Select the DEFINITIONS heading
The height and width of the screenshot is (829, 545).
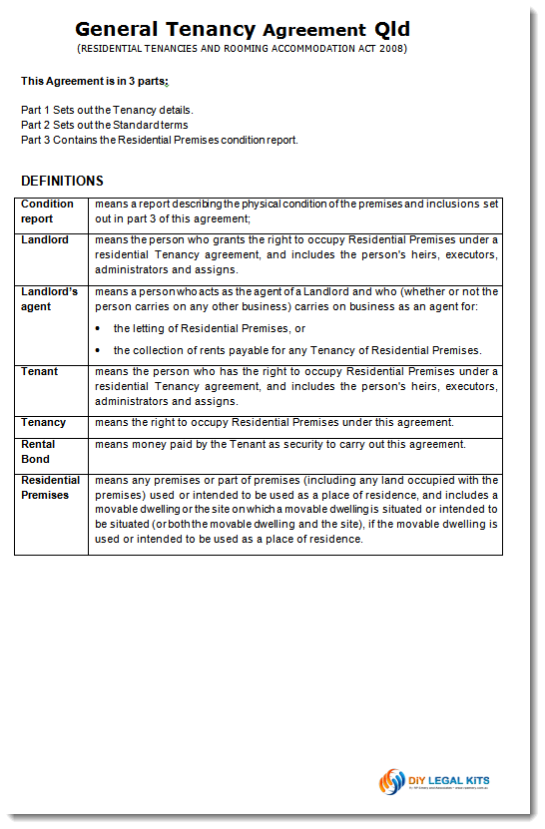(62, 182)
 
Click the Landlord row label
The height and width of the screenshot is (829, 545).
(45, 240)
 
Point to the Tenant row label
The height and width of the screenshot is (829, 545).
(40, 372)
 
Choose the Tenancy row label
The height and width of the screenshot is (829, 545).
(44, 422)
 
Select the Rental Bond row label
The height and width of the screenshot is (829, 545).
(39, 451)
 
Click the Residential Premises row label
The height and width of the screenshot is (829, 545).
(51, 487)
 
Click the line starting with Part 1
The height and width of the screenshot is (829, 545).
(107, 110)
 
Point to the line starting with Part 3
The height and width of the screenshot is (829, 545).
(160, 140)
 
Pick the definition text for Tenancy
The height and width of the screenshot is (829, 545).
(273, 422)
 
